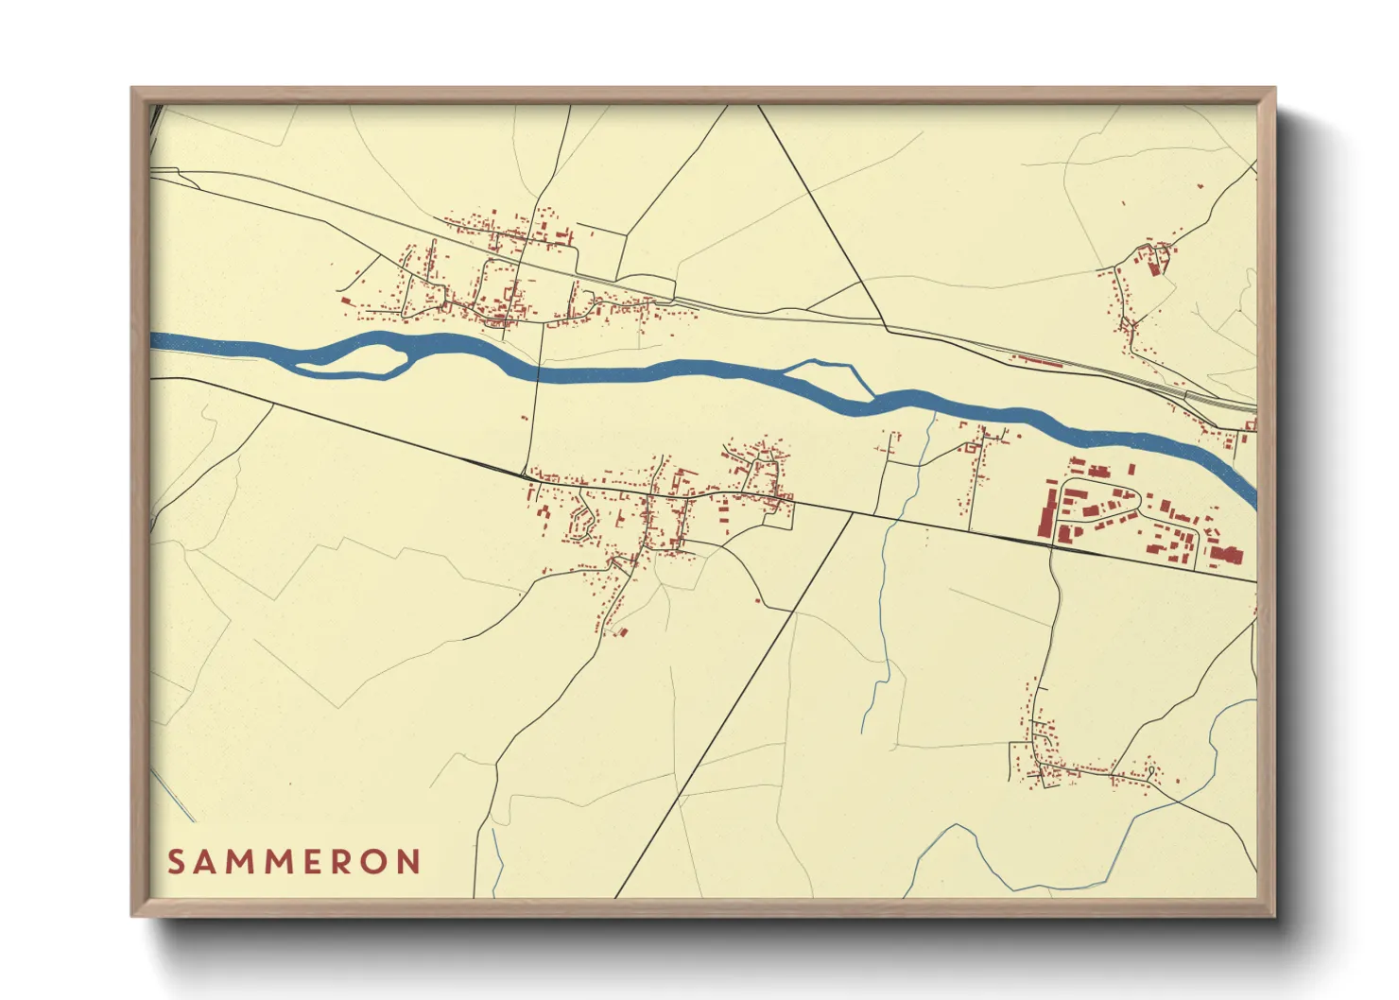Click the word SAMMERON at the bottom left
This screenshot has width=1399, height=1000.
point(294,862)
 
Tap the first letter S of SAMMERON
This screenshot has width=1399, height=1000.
point(176,862)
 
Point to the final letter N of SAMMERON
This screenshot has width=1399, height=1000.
point(408,862)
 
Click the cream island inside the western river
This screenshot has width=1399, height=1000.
point(364,357)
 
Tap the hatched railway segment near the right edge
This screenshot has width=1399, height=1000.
point(1219,400)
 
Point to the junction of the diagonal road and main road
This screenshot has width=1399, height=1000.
point(851,514)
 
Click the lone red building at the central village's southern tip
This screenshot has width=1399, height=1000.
point(622,631)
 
